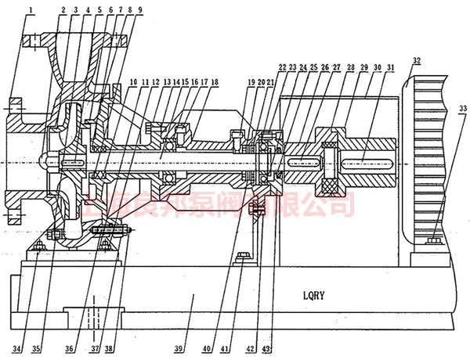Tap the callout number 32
click(x=416, y=61)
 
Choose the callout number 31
click(x=390, y=68)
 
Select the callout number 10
click(x=134, y=81)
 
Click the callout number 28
click(x=351, y=68)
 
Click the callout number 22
click(x=282, y=68)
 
